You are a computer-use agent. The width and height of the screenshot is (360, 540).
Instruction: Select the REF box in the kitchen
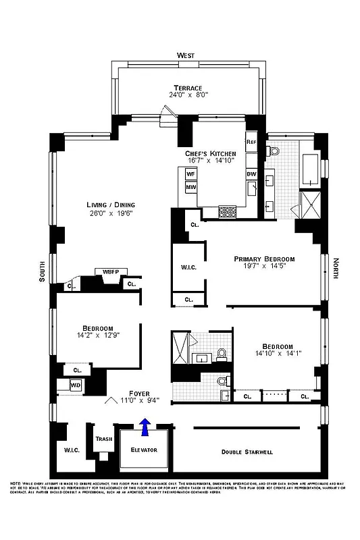(x=251, y=142)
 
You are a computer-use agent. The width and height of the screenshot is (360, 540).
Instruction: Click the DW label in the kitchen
(x=251, y=174)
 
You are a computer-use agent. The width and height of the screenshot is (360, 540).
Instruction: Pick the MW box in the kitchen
(x=190, y=187)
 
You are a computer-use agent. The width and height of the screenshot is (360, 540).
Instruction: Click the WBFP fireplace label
(x=110, y=272)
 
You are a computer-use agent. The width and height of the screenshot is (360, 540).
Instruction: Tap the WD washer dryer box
(x=76, y=385)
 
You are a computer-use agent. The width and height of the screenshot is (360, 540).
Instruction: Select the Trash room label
(x=103, y=439)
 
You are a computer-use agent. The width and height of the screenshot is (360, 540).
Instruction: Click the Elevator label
(x=143, y=449)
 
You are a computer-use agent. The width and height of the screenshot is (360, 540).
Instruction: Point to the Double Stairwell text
(x=247, y=452)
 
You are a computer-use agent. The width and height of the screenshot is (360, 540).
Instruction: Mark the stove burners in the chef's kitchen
(x=228, y=213)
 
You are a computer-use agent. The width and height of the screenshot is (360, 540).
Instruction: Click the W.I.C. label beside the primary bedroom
(x=188, y=267)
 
